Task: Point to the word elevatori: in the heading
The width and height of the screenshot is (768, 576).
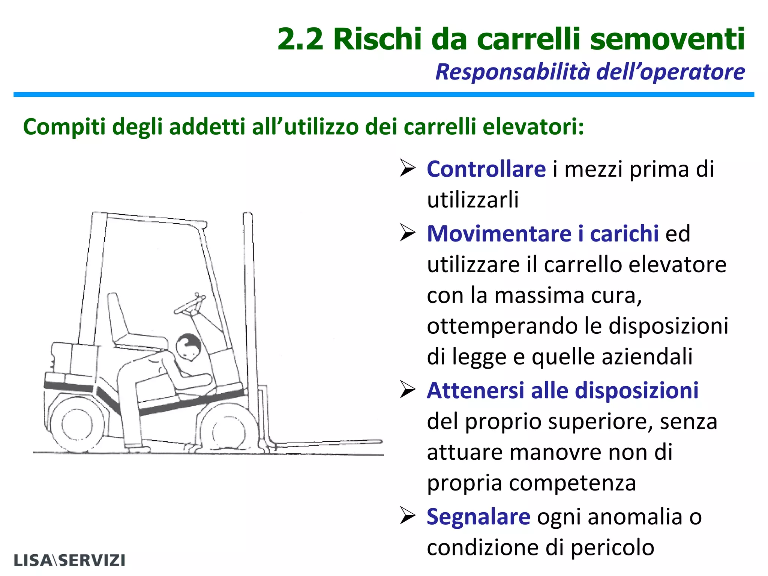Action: coord(533,127)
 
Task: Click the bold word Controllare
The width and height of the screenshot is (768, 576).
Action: coord(486,169)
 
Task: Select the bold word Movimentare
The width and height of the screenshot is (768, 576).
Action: coord(499,234)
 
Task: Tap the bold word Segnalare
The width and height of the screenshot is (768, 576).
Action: coord(479,517)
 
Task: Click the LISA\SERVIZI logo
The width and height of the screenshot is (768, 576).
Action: coord(69,560)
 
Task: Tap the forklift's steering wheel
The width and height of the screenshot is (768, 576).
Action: coord(190,304)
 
